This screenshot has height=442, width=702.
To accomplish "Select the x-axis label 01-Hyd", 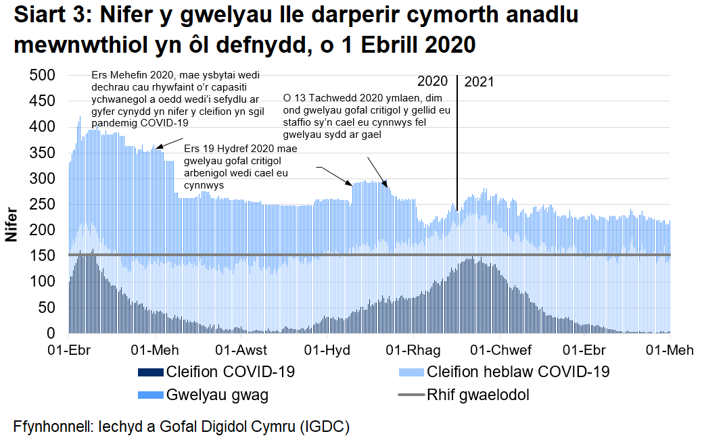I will tap(327, 350).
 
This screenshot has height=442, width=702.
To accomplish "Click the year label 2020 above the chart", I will tap(433, 82).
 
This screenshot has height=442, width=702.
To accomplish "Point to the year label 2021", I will tap(479, 82).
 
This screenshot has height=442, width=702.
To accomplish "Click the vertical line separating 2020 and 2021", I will tap(457, 135).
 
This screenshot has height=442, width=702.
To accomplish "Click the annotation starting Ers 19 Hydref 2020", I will tap(237, 166).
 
